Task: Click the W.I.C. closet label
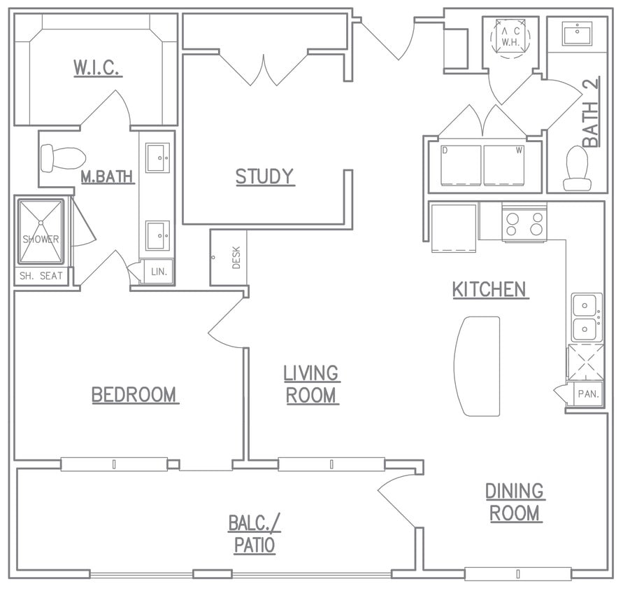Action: click(98, 68)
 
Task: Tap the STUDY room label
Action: click(264, 176)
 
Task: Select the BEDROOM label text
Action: click(135, 395)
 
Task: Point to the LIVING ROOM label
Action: click(311, 384)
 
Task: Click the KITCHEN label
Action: click(489, 289)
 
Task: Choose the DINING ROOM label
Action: click(515, 502)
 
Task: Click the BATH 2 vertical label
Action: click(591, 114)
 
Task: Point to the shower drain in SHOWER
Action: click(41, 223)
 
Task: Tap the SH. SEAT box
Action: click(41, 276)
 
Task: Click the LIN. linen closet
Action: click(158, 272)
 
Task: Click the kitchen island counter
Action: click(478, 366)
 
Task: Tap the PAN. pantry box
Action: click(587, 394)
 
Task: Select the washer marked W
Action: click(504, 165)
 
